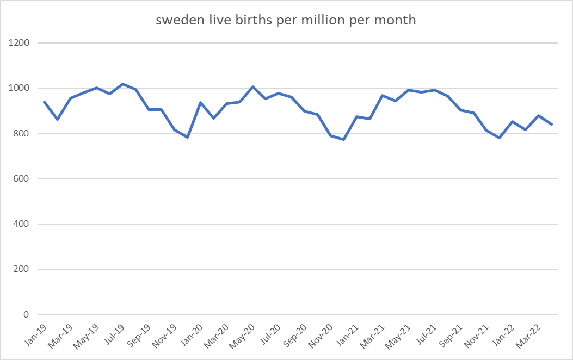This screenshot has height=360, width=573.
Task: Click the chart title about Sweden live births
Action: coord(286,21)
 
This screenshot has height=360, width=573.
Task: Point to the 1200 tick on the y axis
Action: coord(20,43)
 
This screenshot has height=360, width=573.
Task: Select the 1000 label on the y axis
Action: coord(20,88)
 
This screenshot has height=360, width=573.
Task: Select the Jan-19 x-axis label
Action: coord(36,333)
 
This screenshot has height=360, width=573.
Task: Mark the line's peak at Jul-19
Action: coord(123,84)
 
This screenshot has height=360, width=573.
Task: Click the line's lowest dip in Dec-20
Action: coord(343,140)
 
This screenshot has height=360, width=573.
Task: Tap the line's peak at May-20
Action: coord(252,86)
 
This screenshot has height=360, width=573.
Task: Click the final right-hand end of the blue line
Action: coord(551,124)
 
